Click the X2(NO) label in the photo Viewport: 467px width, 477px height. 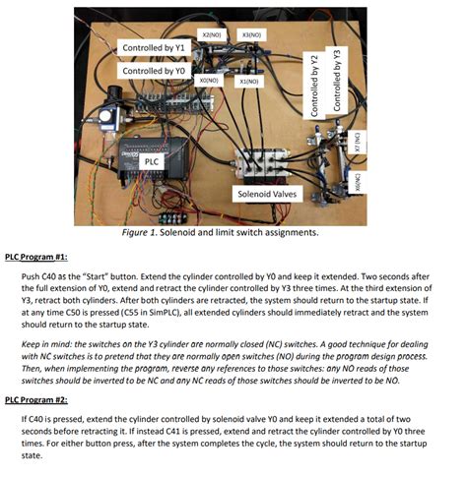(x=208, y=34)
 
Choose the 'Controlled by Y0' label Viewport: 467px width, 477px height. (x=153, y=71)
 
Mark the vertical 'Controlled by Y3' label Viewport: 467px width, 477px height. (x=337, y=79)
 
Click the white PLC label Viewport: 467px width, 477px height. (x=151, y=160)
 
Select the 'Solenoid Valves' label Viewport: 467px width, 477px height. (x=259, y=195)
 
